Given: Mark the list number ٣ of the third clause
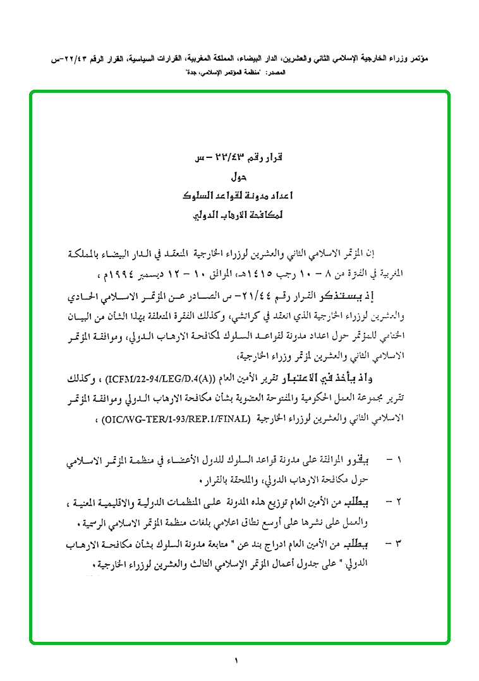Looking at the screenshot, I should [x=398, y=543].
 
